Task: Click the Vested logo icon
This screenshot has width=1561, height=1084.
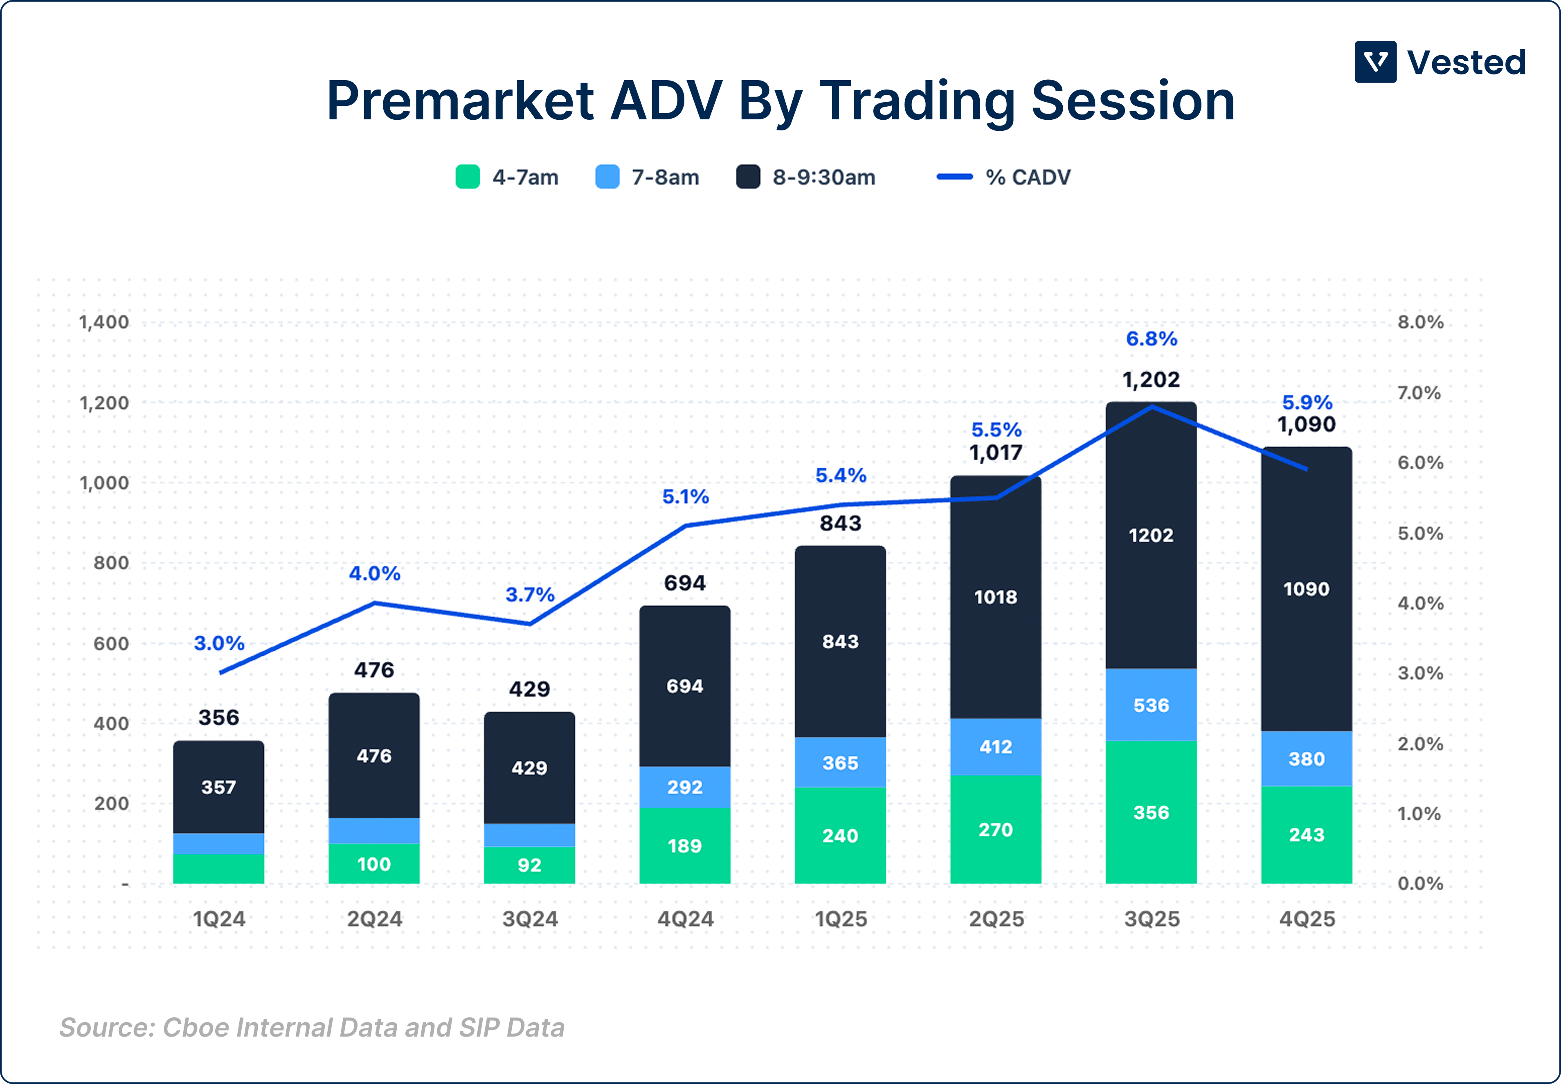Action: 1375,62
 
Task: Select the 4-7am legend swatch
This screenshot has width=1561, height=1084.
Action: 468,177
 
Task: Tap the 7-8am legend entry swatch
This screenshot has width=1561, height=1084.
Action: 607,177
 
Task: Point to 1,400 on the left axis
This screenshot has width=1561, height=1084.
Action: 104,322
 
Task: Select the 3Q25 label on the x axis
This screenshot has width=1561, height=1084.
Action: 1152,919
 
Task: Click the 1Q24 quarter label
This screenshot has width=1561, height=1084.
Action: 219,919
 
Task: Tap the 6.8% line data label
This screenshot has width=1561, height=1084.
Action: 1151,338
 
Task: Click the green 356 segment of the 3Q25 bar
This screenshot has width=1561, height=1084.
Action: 1151,812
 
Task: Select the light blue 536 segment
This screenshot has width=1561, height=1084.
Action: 1151,705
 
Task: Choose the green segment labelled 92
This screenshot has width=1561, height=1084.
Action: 529,865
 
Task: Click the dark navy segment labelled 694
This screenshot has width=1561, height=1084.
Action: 684,686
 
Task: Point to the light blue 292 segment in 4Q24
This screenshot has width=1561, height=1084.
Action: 684,787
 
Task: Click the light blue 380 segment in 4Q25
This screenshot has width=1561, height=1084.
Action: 1306,759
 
